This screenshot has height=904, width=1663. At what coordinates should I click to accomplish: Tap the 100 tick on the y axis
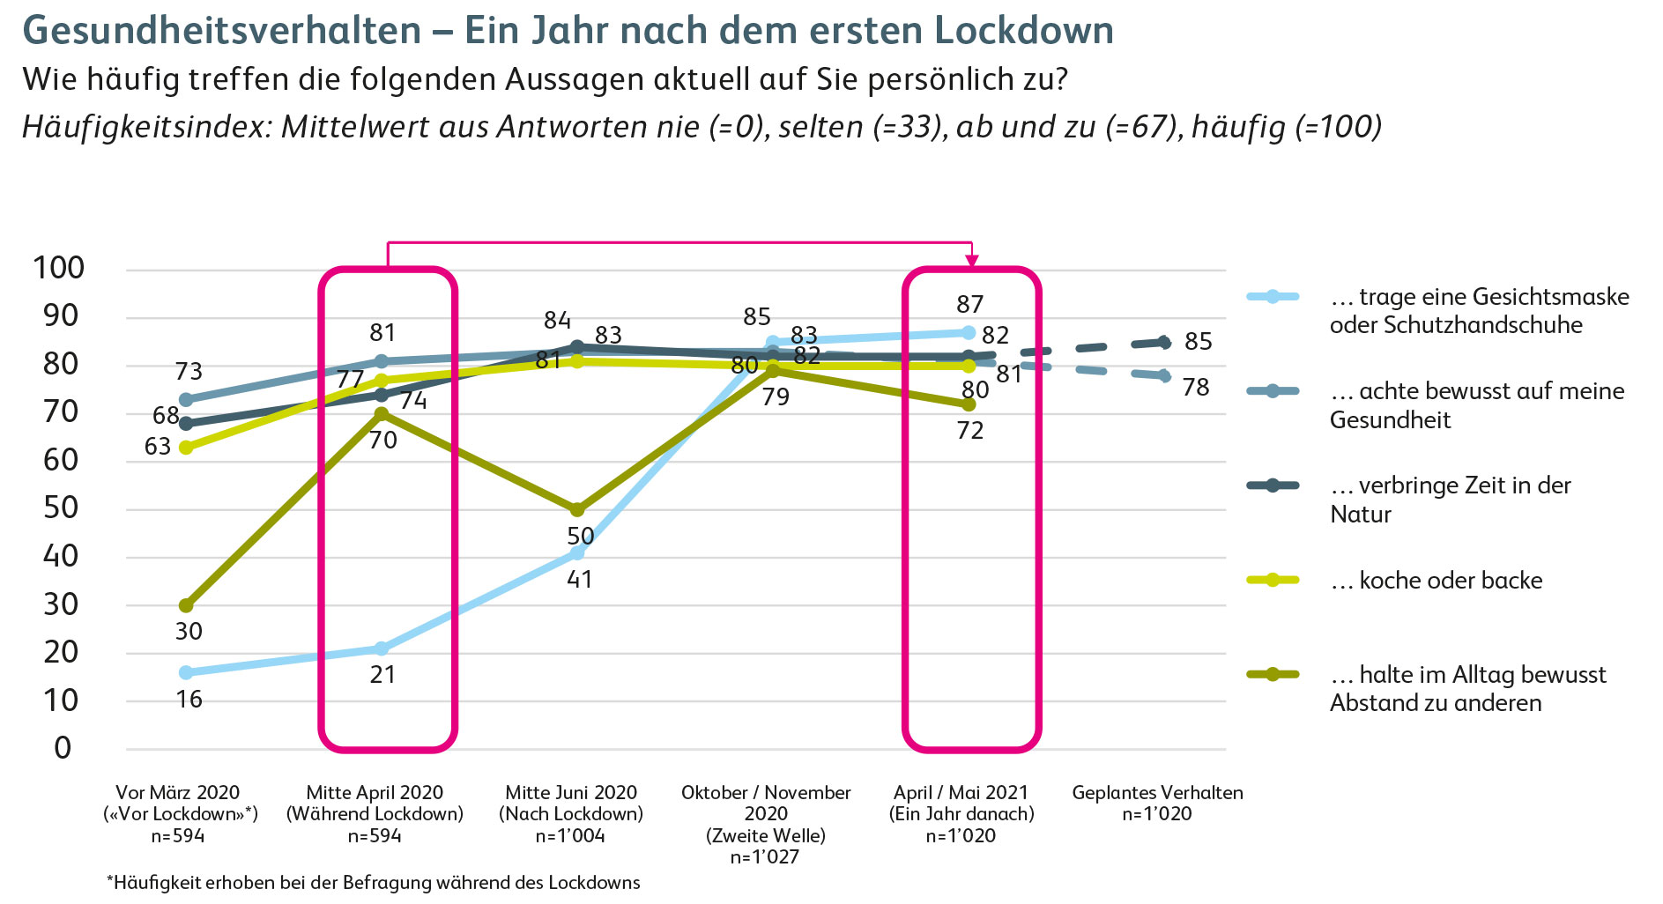tap(58, 268)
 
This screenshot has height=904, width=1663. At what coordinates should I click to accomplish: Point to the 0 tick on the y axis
tap(63, 748)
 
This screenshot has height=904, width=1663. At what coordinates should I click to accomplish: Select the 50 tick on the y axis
tap(60, 508)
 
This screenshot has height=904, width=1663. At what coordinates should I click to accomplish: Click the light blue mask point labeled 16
tap(186, 672)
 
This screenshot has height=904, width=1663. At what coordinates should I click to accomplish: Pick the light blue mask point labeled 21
tap(381, 648)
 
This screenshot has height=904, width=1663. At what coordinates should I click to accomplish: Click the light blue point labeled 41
tap(577, 552)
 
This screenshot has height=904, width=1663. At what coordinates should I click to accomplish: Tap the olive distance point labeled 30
tap(186, 605)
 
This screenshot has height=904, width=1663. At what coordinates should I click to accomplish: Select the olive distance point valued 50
tap(577, 509)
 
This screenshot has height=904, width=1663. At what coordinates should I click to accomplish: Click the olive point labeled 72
tap(969, 404)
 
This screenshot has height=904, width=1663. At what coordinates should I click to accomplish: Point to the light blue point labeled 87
tap(969, 332)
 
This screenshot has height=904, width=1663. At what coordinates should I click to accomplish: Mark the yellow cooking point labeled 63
tap(186, 447)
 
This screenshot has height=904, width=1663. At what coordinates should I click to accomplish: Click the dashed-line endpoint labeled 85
tap(1164, 342)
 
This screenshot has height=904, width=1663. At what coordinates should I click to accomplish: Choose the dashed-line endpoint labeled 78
tap(1164, 375)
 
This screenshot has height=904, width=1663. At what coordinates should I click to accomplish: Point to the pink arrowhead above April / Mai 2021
tap(971, 260)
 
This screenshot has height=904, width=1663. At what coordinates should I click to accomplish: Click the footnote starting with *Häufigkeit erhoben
tap(374, 882)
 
